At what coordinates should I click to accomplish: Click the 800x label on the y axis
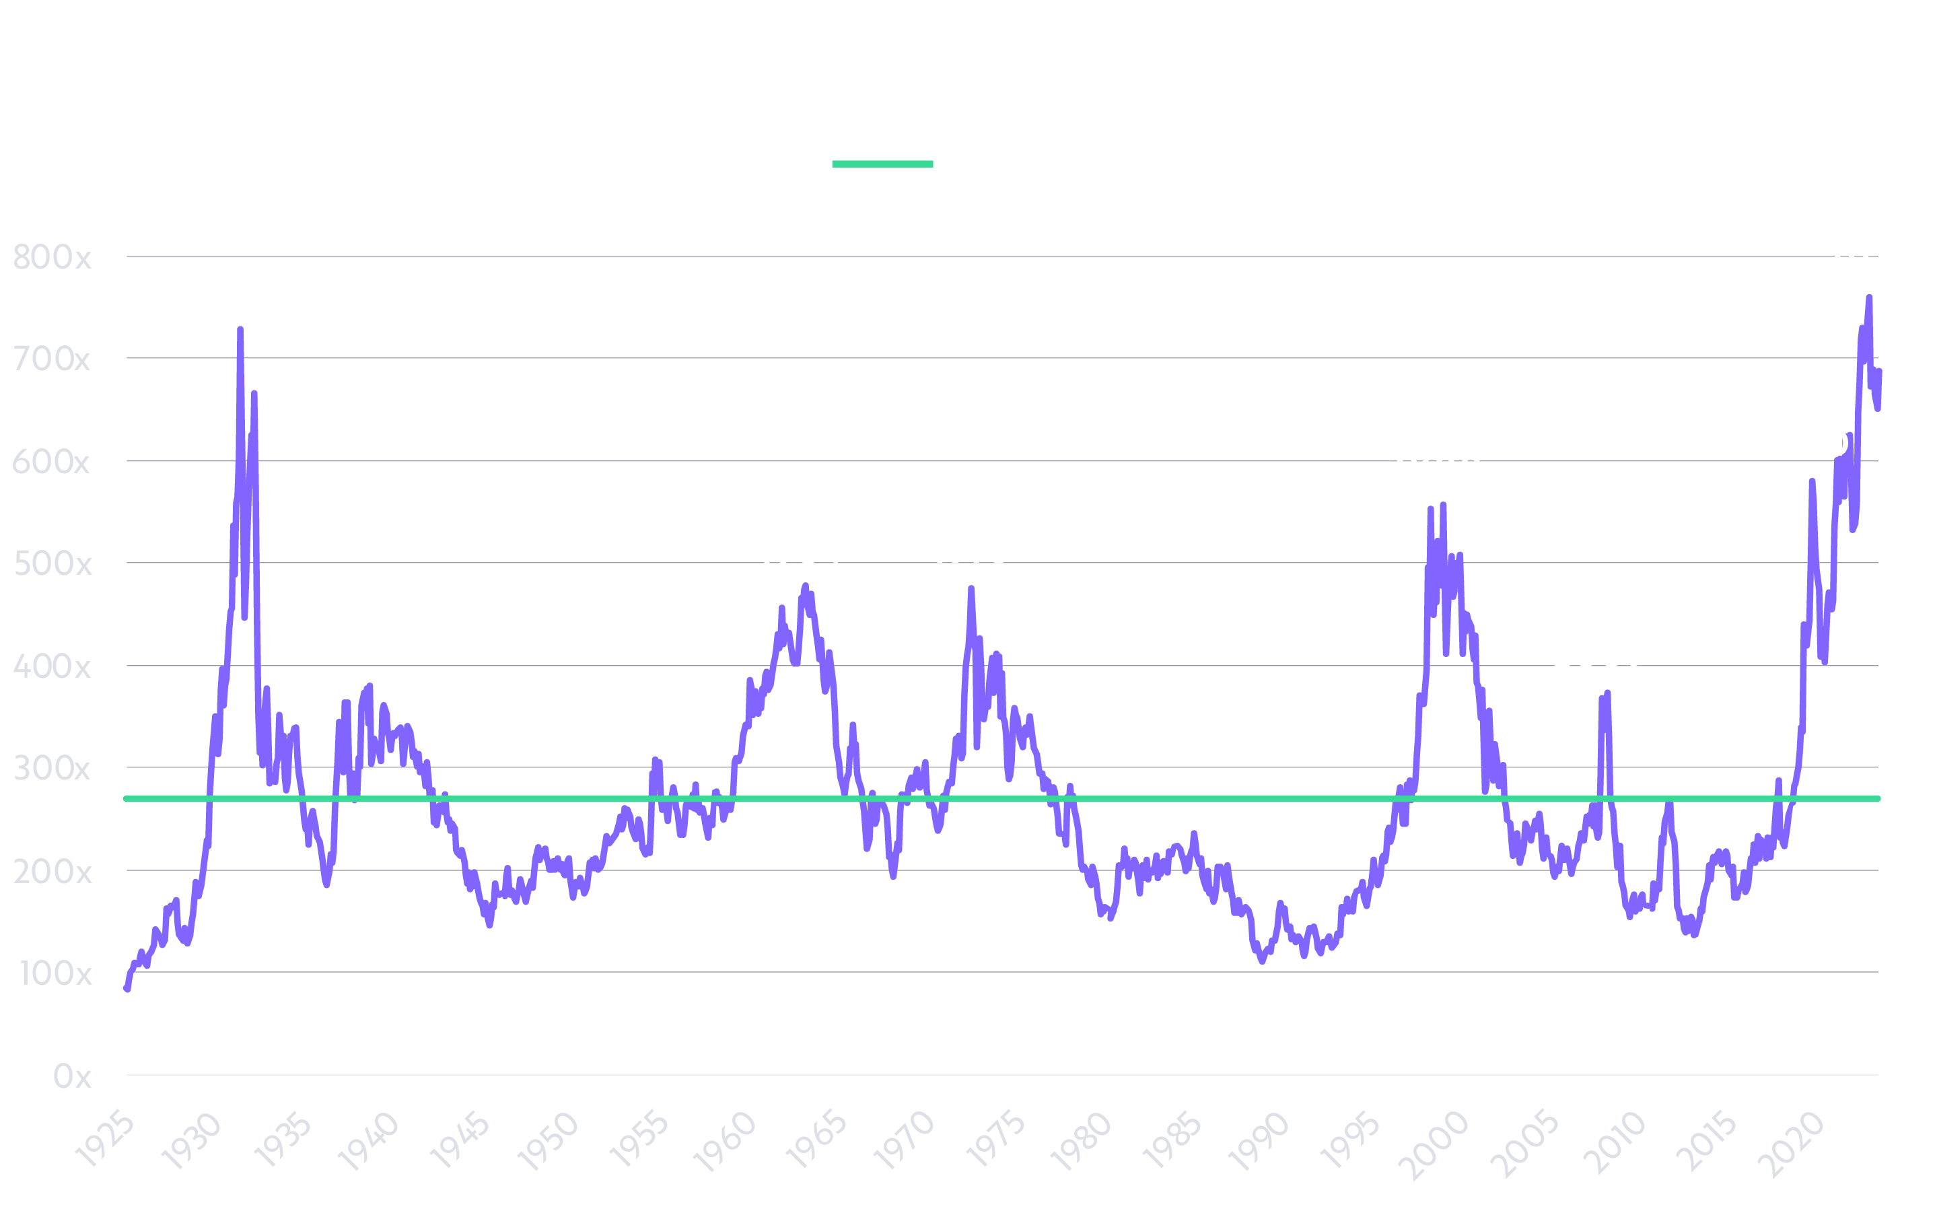(x=51, y=258)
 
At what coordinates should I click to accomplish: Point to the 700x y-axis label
(x=51, y=359)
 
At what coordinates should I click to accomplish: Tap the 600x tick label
(x=51, y=462)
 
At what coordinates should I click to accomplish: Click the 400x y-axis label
(x=51, y=667)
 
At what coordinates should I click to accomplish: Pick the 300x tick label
(x=51, y=769)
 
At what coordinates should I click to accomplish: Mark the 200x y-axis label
(x=51, y=872)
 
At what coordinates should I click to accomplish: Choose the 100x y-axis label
(x=55, y=974)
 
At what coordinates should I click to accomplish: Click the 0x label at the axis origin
(x=72, y=1076)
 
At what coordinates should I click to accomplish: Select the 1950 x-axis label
(x=548, y=1140)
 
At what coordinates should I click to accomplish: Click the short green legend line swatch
(x=882, y=164)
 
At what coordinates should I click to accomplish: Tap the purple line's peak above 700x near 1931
(x=240, y=331)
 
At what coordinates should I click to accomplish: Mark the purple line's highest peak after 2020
(x=1869, y=298)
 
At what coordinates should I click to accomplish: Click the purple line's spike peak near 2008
(x=1607, y=693)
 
